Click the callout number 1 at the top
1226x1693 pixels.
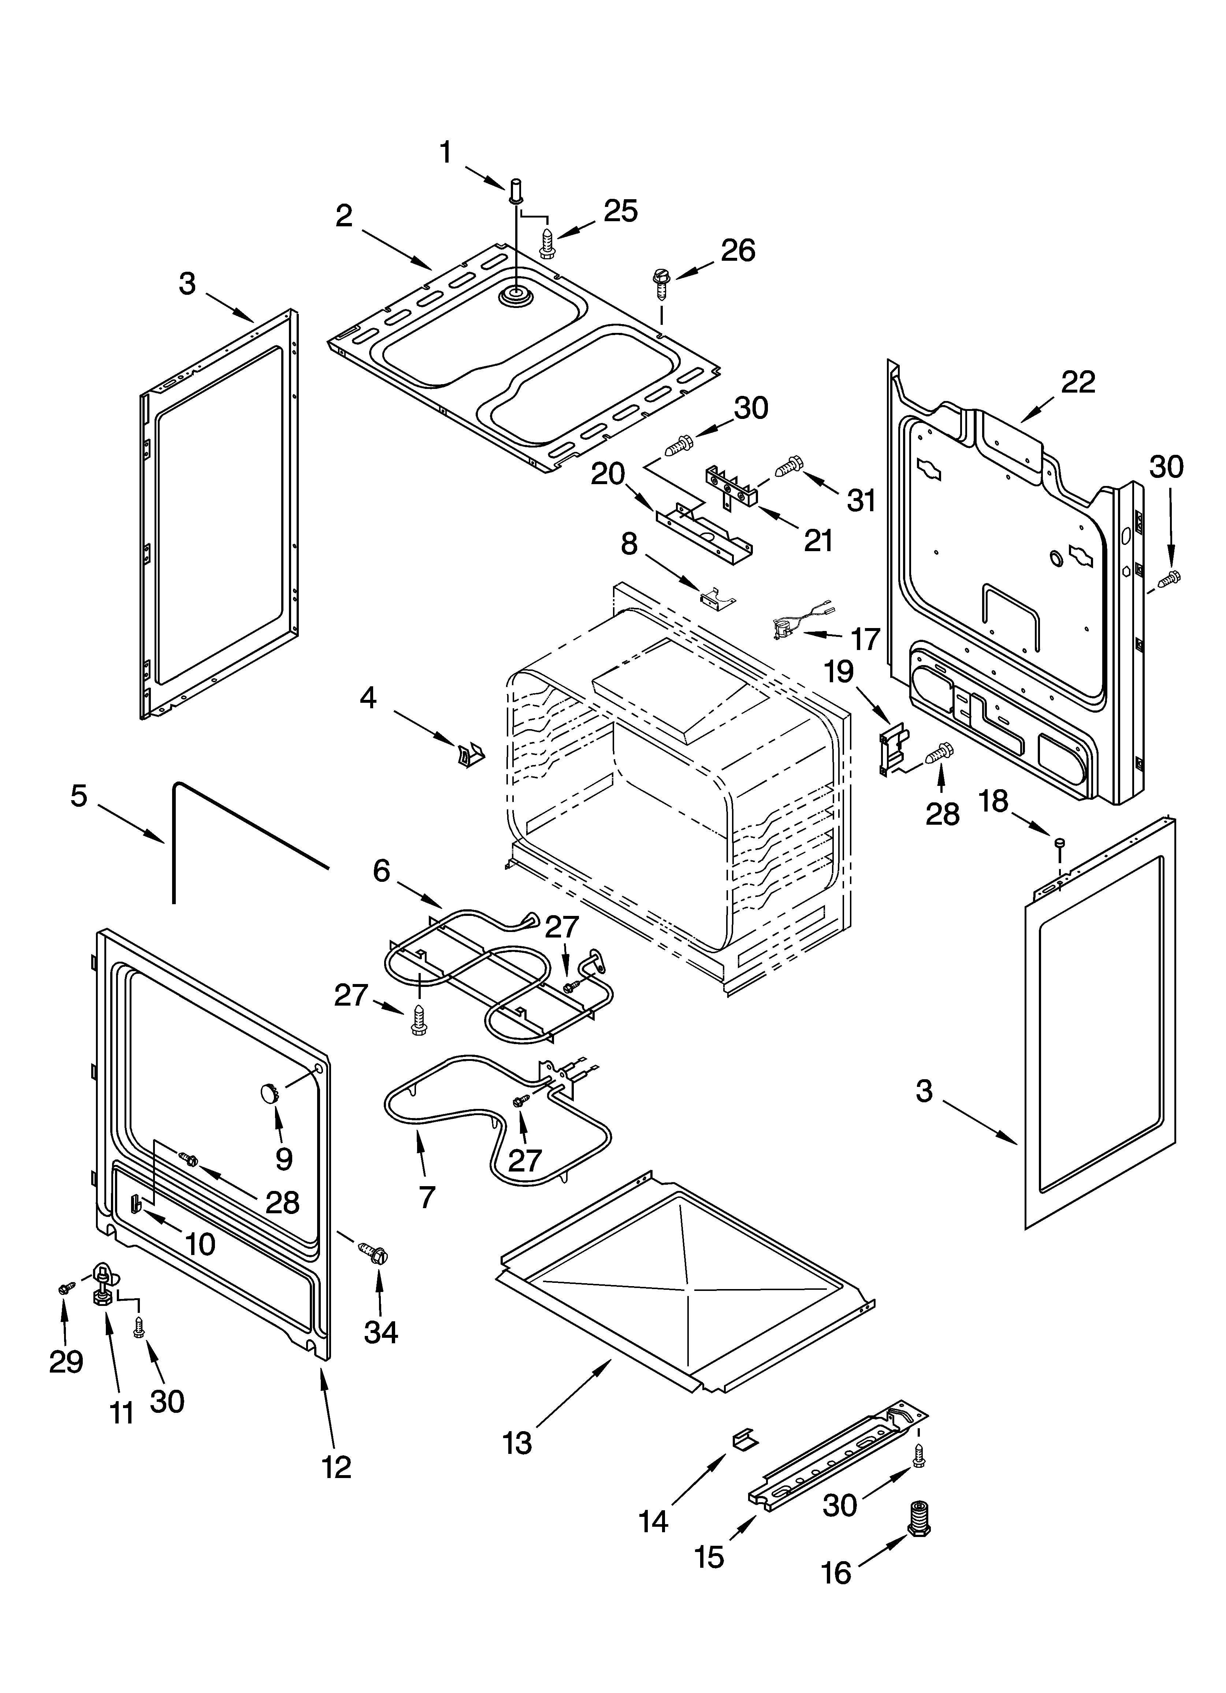(445, 153)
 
